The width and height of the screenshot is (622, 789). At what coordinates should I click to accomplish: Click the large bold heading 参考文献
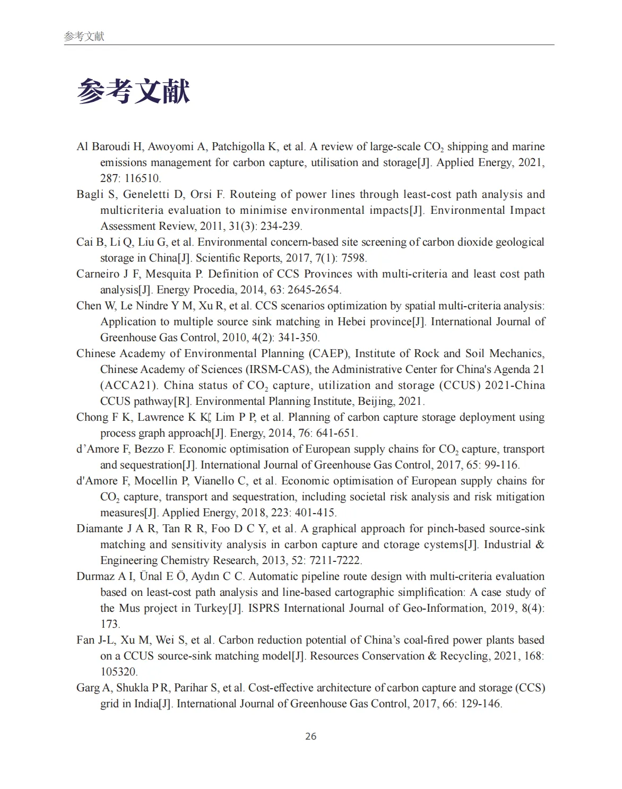click(x=133, y=91)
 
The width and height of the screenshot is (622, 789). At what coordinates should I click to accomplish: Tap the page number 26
click(x=311, y=736)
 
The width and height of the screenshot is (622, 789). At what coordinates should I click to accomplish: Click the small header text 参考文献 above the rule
click(x=84, y=36)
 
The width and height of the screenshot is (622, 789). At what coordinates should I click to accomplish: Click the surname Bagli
click(x=90, y=194)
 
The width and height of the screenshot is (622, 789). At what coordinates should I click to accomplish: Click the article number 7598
click(x=353, y=258)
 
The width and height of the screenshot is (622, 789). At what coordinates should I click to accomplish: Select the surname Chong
click(x=92, y=417)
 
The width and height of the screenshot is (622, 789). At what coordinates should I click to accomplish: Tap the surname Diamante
click(x=99, y=528)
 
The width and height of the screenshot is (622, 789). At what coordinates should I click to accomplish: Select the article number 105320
click(x=118, y=672)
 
